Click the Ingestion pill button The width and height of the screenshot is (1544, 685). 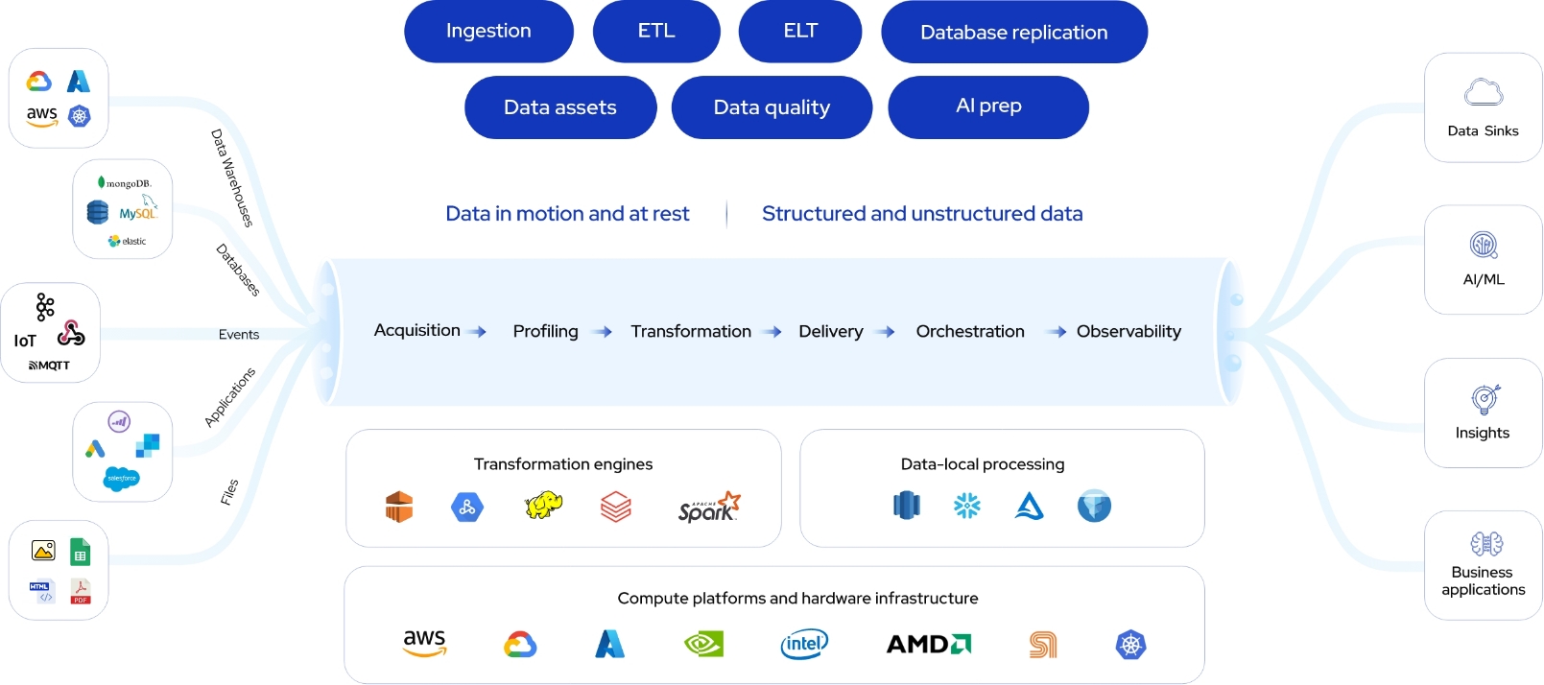488,31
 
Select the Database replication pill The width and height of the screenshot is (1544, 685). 1013,33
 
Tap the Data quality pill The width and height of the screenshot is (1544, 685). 772,107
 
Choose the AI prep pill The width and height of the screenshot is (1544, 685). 988,106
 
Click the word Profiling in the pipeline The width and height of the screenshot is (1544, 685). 545,331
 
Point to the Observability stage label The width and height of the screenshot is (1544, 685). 1128,331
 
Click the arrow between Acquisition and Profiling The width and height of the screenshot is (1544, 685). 478,332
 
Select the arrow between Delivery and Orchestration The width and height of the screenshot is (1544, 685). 886,332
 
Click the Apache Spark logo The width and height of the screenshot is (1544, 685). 709,507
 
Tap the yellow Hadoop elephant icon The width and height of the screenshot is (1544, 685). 543,506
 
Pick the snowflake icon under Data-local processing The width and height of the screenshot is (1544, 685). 967,506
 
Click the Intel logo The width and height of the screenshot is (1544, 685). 804,644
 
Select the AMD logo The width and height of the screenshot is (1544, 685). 928,644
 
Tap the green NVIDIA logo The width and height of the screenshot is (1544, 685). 703,644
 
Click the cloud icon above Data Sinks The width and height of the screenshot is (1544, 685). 1484,92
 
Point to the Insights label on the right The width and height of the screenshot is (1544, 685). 1483,433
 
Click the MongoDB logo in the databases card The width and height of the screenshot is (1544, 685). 124,182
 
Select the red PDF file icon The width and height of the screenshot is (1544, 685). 81,591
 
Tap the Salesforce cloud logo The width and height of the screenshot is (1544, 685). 121,478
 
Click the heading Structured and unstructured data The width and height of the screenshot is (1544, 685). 922,214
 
